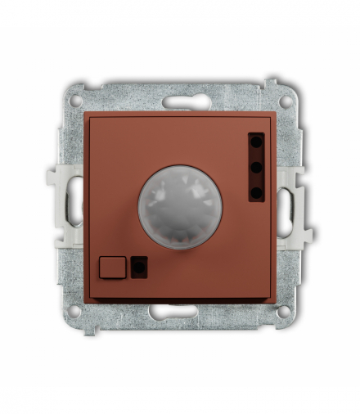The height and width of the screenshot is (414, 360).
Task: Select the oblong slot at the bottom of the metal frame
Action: [x=180, y=311]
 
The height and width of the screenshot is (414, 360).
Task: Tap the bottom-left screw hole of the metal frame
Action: [x=75, y=311]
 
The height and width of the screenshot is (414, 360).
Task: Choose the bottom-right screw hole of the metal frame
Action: [x=284, y=311]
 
